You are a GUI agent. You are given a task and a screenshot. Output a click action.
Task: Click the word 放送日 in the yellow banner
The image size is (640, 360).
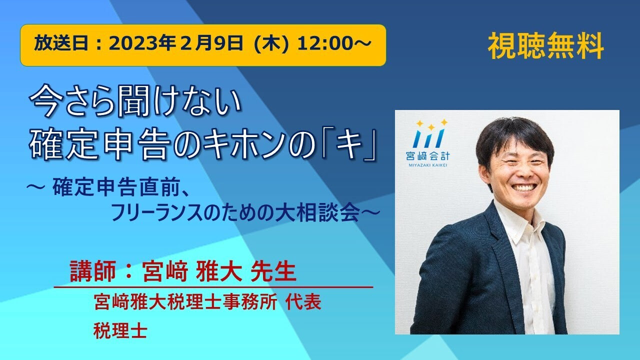[x=61, y=44]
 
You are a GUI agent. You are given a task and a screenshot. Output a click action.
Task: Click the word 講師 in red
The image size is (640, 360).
[x=92, y=271]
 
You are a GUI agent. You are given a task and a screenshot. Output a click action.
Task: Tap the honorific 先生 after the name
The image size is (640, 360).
[x=273, y=271]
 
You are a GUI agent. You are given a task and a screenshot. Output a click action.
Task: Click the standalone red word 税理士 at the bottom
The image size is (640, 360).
[x=120, y=330]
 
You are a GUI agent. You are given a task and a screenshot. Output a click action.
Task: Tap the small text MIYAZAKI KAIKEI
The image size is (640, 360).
[x=427, y=165]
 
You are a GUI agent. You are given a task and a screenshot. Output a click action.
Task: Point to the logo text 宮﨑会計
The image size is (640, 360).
[x=427, y=156]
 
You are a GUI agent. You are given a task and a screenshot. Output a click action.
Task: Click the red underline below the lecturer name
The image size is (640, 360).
[x=213, y=287]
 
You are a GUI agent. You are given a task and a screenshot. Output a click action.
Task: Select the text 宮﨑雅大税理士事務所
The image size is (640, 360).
[x=185, y=302]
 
